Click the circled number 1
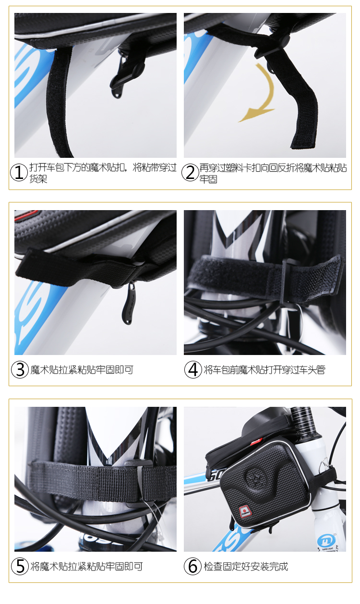(x=19, y=173)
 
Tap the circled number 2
(x=190, y=173)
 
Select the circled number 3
(x=20, y=369)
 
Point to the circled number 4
(x=193, y=369)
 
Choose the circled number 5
(x=20, y=566)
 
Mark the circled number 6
(x=192, y=566)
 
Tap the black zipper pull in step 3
(x=129, y=303)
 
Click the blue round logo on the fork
(x=327, y=541)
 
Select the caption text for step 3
(x=82, y=370)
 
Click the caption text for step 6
(x=246, y=567)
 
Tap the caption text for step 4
(x=264, y=370)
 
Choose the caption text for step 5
(x=86, y=567)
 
